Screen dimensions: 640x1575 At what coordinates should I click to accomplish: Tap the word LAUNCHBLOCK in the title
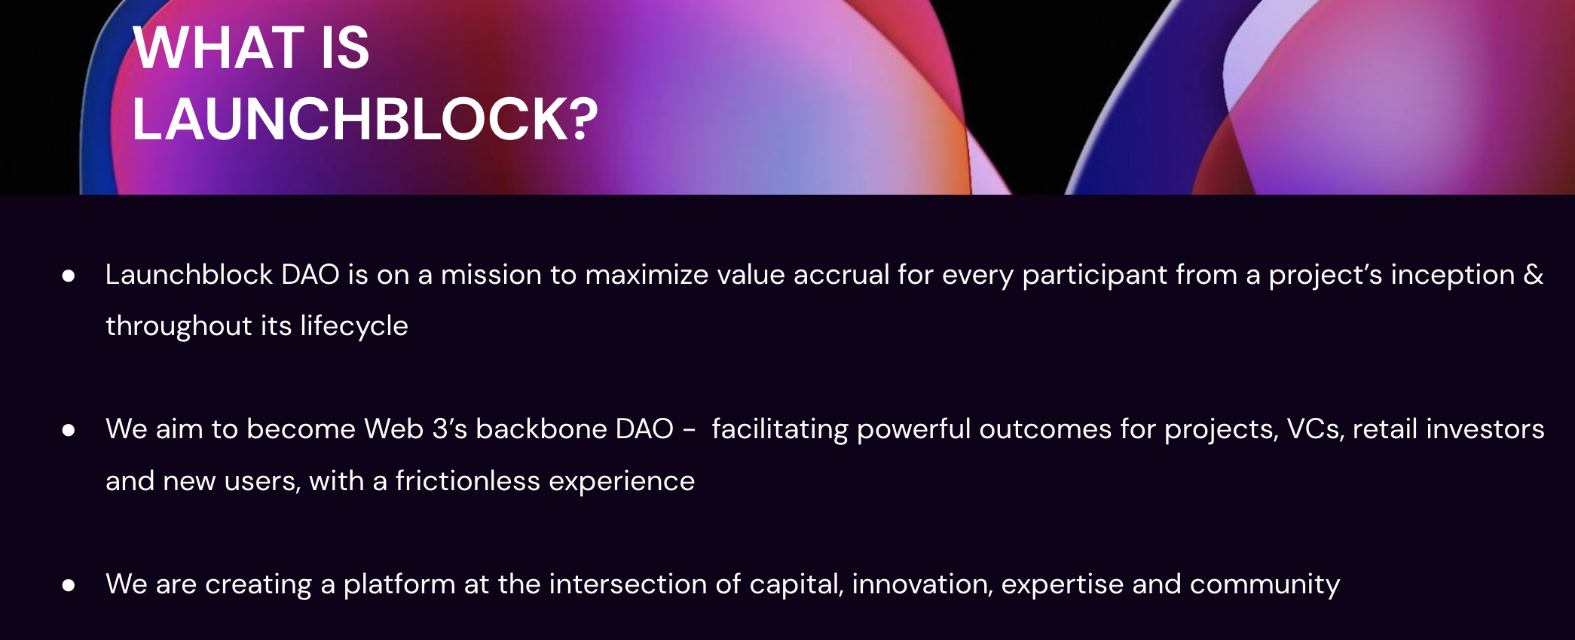pos(347,119)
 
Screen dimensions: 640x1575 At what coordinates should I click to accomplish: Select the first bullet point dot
pos(69,276)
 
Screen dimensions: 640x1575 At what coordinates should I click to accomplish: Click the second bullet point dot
pos(69,431)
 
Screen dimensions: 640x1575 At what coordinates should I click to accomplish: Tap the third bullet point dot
pos(69,585)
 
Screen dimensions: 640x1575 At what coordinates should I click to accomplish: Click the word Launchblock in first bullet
pos(188,275)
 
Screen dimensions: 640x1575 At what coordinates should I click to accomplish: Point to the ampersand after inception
pos(1533,275)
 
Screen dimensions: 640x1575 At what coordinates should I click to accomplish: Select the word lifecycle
pos(354,326)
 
